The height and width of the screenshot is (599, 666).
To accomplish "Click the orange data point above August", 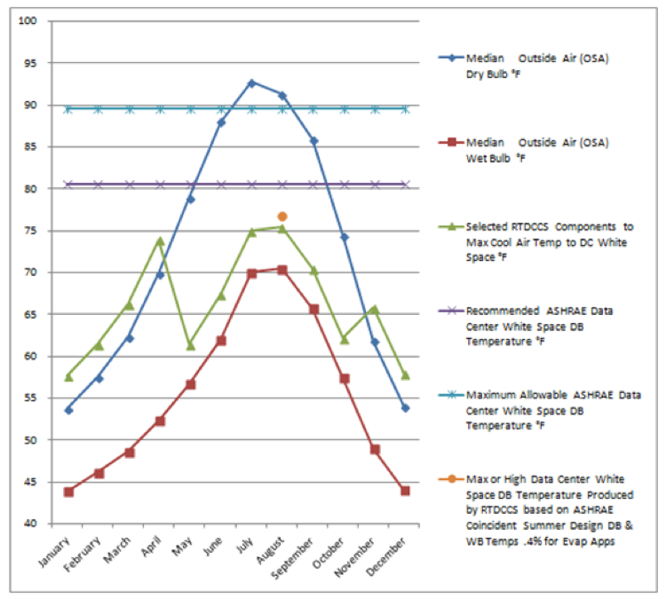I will point(282,217).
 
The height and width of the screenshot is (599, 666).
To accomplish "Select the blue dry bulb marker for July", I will point(251,83).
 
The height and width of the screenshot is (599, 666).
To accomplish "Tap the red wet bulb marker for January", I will point(68,492).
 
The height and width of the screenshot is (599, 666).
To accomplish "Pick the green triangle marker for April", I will point(160,240).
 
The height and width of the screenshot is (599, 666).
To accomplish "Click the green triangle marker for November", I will point(375,309).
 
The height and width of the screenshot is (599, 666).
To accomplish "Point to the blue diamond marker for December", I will point(405,407).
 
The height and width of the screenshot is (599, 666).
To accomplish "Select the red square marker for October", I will point(344,378).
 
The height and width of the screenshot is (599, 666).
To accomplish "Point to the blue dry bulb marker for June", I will point(221,122).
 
